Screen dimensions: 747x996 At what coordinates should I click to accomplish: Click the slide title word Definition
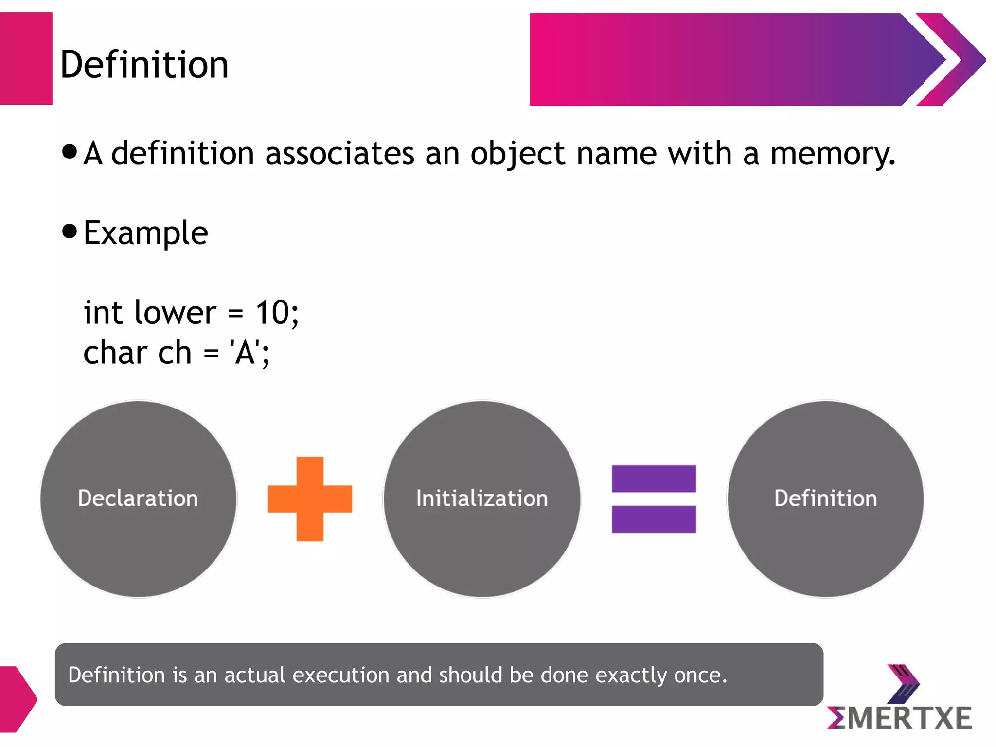point(144,65)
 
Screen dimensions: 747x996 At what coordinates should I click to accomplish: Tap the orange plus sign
point(310,499)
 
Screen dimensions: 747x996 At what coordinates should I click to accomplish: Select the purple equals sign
point(654,499)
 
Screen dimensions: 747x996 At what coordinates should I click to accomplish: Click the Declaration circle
point(139,499)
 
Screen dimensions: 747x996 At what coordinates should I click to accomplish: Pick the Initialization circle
point(482,499)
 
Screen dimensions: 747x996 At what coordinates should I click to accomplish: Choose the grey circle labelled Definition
point(825,499)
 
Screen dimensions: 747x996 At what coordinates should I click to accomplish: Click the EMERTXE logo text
point(900,718)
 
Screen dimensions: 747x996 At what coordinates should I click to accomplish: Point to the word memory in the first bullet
point(833,154)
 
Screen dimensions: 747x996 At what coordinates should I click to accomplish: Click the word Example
point(146,233)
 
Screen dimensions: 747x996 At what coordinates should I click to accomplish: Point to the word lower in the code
point(175,312)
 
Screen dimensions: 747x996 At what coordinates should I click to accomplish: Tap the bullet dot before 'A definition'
point(70,151)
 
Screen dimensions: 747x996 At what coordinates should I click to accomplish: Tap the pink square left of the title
point(26,58)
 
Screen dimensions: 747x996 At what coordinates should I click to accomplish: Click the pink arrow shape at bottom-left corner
point(17,699)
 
